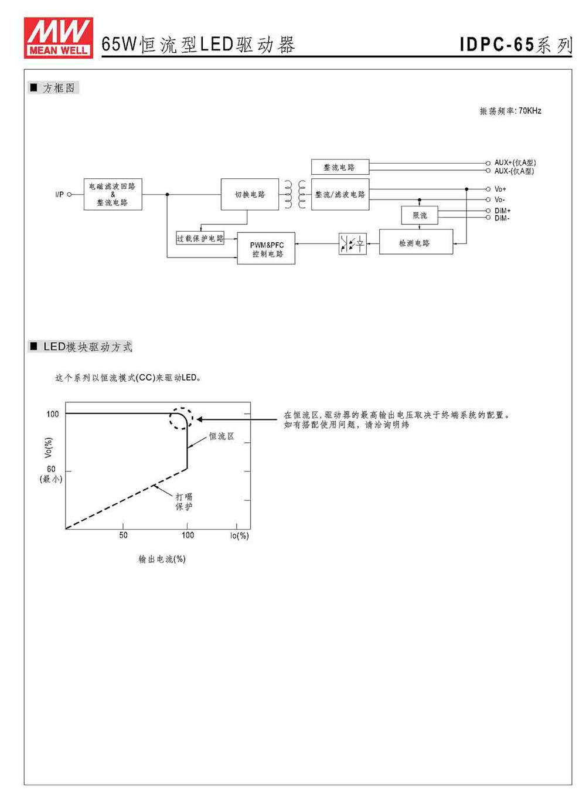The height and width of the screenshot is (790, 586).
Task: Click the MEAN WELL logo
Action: (59, 38)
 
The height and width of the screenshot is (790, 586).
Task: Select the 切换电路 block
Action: (250, 194)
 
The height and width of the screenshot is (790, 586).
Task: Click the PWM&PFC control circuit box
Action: (266, 248)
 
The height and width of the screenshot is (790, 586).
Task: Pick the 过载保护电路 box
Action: (200, 238)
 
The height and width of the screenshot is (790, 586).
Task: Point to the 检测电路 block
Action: (416, 242)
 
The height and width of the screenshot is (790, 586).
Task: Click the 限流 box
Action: (420, 215)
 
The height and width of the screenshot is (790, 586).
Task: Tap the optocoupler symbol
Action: (352, 243)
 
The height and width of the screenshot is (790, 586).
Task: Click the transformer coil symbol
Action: (295, 194)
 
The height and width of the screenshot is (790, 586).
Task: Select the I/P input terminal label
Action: (59, 195)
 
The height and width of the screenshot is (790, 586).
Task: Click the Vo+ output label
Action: (500, 189)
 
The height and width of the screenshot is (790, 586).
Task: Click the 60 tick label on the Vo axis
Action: (51, 469)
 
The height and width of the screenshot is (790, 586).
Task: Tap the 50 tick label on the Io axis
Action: (123, 535)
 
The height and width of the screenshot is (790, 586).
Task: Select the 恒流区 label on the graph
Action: (221, 436)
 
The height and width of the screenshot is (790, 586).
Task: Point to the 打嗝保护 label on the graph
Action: (183, 501)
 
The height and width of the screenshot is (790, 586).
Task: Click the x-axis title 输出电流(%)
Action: (162, 559)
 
